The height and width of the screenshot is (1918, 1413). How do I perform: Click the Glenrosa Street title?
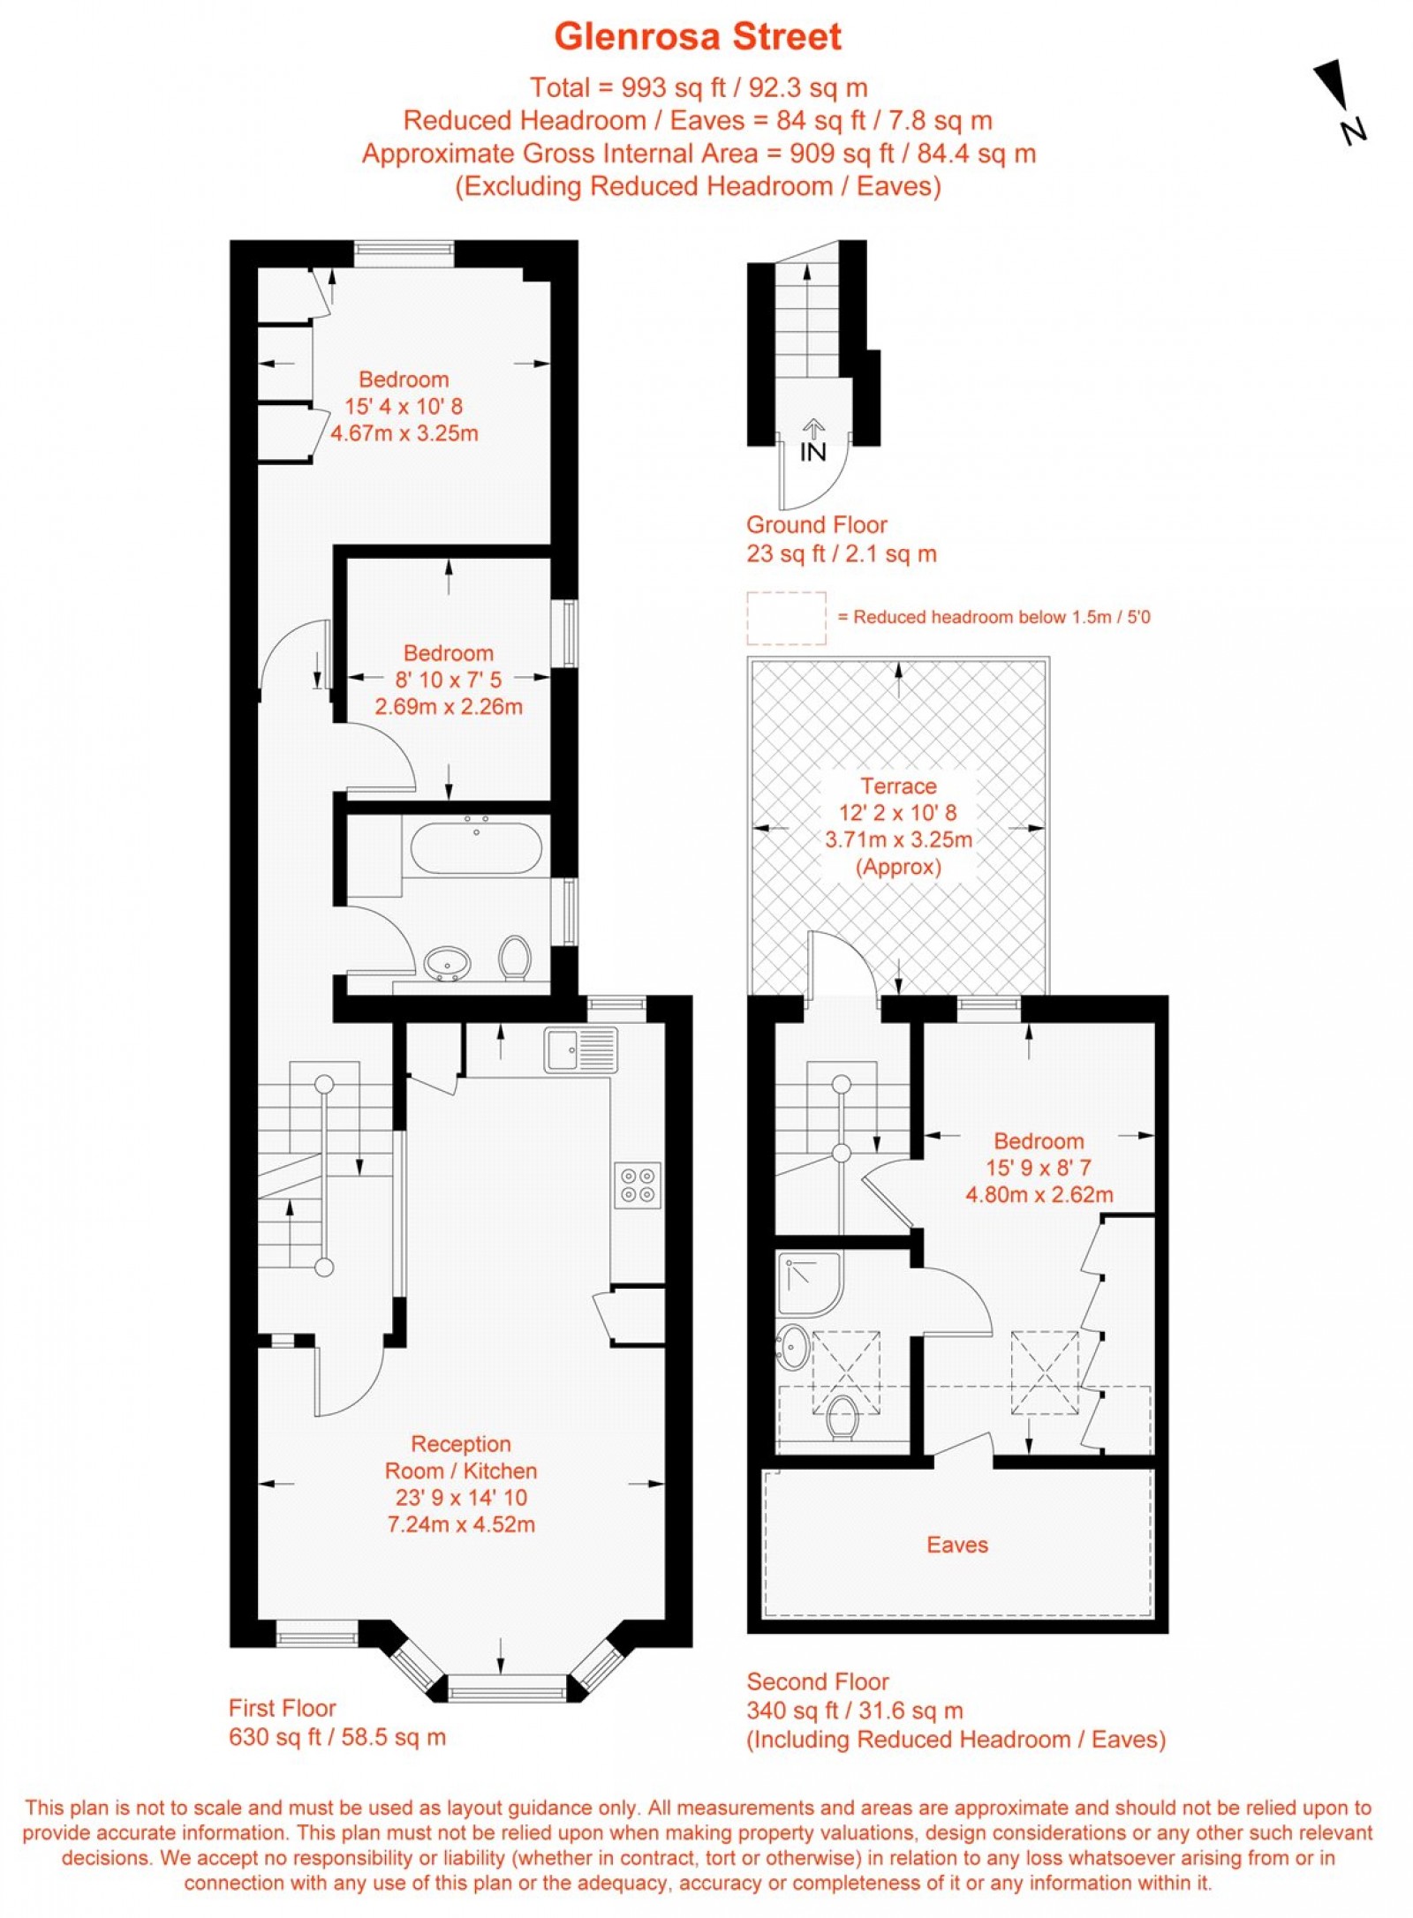[698, 37]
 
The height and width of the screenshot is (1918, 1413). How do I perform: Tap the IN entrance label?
[812, 452]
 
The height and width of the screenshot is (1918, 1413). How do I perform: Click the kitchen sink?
[579, 1050]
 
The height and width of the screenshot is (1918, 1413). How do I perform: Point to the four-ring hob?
[638, 1185]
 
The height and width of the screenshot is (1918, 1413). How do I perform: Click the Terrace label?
[898, 786]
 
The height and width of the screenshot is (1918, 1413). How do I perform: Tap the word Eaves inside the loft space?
[957, 1545]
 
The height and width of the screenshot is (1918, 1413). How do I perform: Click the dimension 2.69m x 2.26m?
[449, 707]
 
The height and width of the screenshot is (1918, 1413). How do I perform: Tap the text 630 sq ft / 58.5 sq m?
[337, 1737]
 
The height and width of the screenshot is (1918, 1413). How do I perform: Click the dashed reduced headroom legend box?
[786, 618]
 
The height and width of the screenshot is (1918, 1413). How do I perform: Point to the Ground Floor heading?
[816, 525]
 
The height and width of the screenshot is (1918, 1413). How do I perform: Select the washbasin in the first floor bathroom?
[446, 963]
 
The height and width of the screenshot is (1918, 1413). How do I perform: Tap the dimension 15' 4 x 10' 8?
[404, 407]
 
